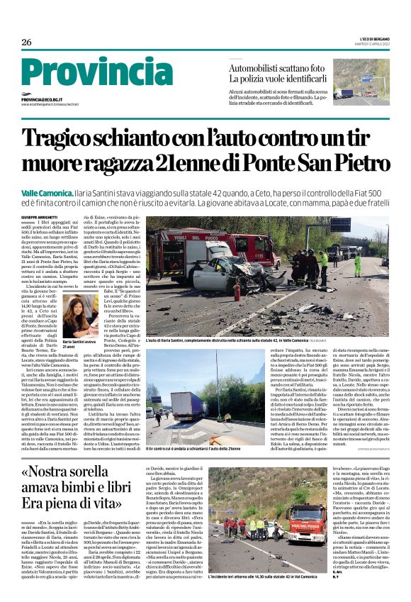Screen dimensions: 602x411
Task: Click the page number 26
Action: (26, 42)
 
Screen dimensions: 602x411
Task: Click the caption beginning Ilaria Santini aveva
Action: (79, 342)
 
